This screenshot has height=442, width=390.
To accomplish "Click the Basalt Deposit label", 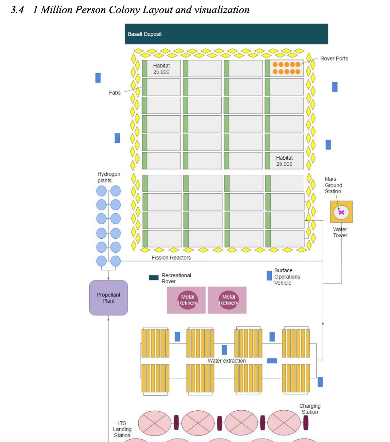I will point(144,34).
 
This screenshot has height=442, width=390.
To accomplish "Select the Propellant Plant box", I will point(109,298).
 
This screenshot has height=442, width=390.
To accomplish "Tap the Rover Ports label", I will point(334,59).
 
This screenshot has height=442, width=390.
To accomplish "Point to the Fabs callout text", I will point(115,93).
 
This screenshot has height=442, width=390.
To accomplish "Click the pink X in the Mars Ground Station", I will point(341,212).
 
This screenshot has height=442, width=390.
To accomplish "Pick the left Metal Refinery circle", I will point(188,300).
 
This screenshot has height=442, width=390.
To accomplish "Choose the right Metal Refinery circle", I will point(229,300).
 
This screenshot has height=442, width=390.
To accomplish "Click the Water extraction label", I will point(227,361).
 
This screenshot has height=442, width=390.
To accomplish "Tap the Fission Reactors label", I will point(171,258).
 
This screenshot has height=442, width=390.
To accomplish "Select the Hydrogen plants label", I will point(109,177).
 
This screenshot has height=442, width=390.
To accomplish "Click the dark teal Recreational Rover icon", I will point(154,278).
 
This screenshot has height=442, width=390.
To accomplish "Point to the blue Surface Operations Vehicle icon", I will point(269,275).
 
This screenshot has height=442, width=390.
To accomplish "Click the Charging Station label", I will point(310,409).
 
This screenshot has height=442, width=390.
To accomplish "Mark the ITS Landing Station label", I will point(122,429).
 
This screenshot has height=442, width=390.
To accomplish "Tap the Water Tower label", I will point(340,232).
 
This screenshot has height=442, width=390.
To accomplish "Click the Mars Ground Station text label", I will point(333,185).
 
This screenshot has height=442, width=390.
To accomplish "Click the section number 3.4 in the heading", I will point(17,10).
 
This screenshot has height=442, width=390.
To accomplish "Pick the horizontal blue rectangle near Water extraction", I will point(272,361).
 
